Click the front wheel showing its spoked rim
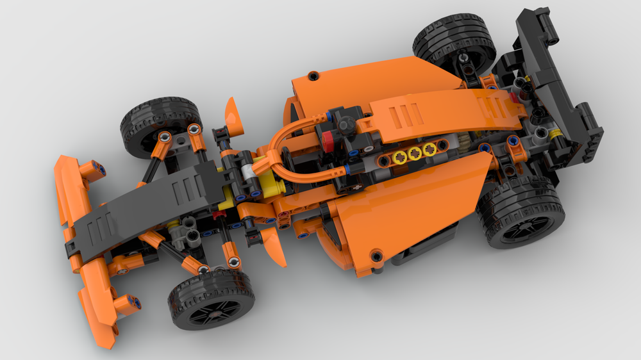point(211,299)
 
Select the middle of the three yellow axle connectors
point(415,153)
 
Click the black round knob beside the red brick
point(347,124)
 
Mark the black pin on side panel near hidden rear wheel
point(313,76)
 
